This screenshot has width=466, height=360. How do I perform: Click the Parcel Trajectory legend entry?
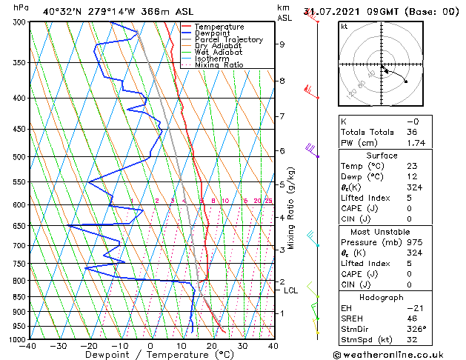(228, 39)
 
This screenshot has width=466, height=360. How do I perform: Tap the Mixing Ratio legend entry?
(219, 64)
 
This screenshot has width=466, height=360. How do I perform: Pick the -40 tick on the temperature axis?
(29, 345)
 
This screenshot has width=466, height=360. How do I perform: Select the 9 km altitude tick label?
(282, 44)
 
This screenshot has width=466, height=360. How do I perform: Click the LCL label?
(291, 290)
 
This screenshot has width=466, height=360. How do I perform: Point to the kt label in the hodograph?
(344, 27)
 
